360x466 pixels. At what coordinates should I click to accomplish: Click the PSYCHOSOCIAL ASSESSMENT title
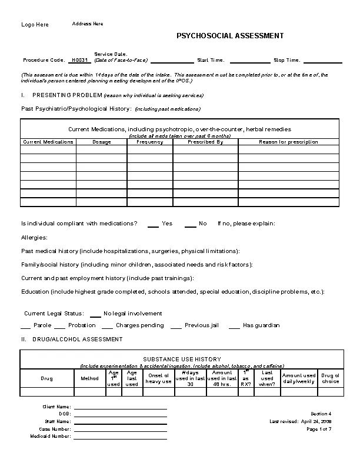click(230, 36)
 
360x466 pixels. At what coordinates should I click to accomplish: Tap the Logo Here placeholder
click(35, 25)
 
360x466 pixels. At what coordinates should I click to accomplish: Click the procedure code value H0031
click(79, 60)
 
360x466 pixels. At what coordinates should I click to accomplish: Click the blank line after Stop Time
click(322, 61)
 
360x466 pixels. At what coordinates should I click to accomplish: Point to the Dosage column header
click(101, 142)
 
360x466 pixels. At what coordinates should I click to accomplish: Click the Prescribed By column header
click(205, 142)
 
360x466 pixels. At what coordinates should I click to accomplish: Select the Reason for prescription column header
click(288, 142)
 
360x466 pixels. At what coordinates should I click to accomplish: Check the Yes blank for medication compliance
click(153, 224)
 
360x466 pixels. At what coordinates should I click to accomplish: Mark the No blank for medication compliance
click(190, 224)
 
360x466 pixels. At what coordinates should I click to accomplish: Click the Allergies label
click(34, 237)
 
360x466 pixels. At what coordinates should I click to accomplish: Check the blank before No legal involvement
click(95, 314)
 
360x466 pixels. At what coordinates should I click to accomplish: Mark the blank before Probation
click(59, 326)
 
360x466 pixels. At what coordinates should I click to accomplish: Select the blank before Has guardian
click(234, 326)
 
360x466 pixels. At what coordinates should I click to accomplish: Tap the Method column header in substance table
click(89, 378)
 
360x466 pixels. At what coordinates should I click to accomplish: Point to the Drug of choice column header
click(330, 378)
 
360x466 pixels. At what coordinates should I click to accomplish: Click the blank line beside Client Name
click(120, 407)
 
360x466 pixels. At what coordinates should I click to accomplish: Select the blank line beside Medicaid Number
click(120, 437)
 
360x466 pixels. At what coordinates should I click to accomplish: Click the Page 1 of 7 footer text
click(319, 429)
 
